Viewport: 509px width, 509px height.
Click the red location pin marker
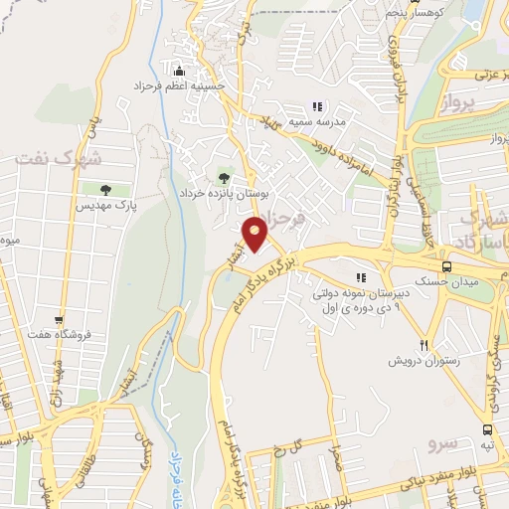pyautogui.click(x=255, y=235)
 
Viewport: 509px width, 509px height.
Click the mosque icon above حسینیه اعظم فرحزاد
pyautogui.click(x=179, y=71)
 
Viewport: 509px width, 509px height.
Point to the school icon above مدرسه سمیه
pyautogui.click(x=317, y=105)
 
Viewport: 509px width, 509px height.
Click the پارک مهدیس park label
pyautogui.click(x=103, y=205)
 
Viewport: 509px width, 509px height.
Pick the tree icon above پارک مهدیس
pyautogui.click(x=104, y=188)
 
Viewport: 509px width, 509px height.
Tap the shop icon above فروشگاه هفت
pyautogui.click(x=60, y=320)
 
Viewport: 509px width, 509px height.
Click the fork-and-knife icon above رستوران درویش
pyautogui.click(x=424, y=345)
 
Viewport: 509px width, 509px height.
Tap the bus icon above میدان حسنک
pyautogui.click(x=446, y=266)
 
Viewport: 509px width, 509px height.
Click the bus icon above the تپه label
pyautogui.click(x=487, y=429)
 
